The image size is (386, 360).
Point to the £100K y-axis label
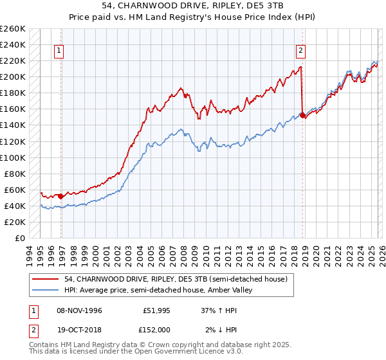tap(13, 157)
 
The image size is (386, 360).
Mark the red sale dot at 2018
tap(302, 116)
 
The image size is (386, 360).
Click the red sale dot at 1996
tap(61, 196)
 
